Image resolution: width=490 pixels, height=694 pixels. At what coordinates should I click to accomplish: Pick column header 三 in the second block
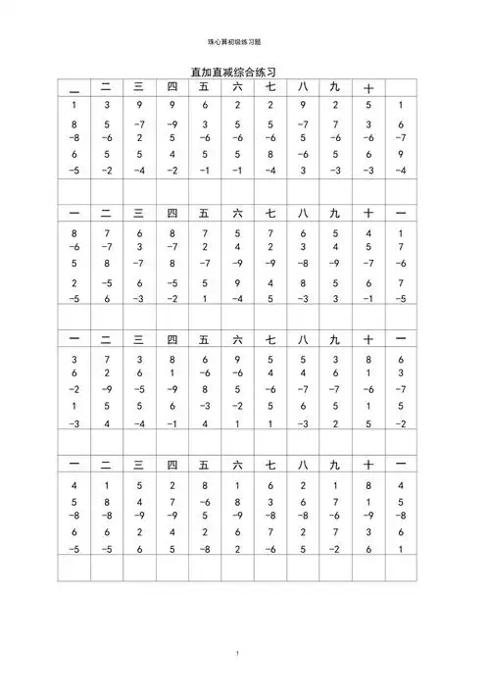point(138,213)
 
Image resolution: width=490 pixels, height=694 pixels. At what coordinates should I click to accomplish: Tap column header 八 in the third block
point(303,339)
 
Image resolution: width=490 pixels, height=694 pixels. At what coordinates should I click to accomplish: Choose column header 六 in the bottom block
point(237,464)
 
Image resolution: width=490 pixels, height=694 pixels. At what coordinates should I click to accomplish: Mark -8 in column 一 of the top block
point(74,138)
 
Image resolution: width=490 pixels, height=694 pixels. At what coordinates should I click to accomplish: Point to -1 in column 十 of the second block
point(368,298)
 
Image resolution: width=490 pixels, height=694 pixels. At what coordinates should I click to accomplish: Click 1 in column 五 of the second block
point(204,298)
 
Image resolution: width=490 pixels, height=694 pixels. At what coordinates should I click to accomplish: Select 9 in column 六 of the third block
point(237,360)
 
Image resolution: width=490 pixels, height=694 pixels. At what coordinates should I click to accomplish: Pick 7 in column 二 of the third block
point(106,360)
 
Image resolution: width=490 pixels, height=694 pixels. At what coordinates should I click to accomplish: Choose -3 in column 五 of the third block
point(204,405)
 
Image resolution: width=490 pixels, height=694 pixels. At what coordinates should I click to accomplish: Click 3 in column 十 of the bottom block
point(368,532)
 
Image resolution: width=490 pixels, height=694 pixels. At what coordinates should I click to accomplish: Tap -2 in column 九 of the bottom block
point(335,550)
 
